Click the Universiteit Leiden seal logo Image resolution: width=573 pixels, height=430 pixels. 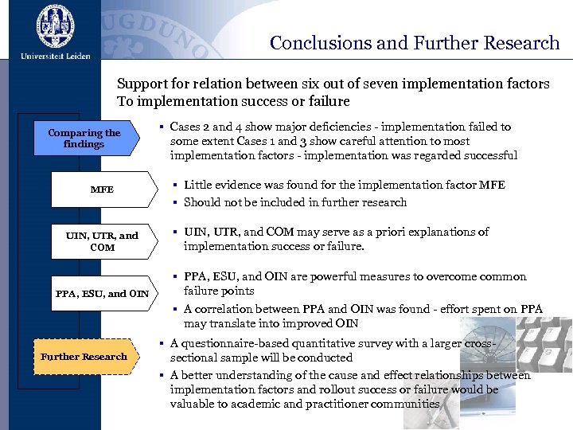coord(55,26)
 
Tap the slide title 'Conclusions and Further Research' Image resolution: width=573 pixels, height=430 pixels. coord(415,43)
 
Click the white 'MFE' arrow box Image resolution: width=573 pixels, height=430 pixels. coord(102,190)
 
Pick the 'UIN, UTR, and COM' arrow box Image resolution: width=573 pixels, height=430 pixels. coord(102,241)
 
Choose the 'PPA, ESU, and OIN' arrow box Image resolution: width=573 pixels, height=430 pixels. coord(102,293)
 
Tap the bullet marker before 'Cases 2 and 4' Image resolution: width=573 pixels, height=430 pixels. coord(161,127)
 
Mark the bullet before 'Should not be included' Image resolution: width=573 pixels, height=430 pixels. coord(174,202)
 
